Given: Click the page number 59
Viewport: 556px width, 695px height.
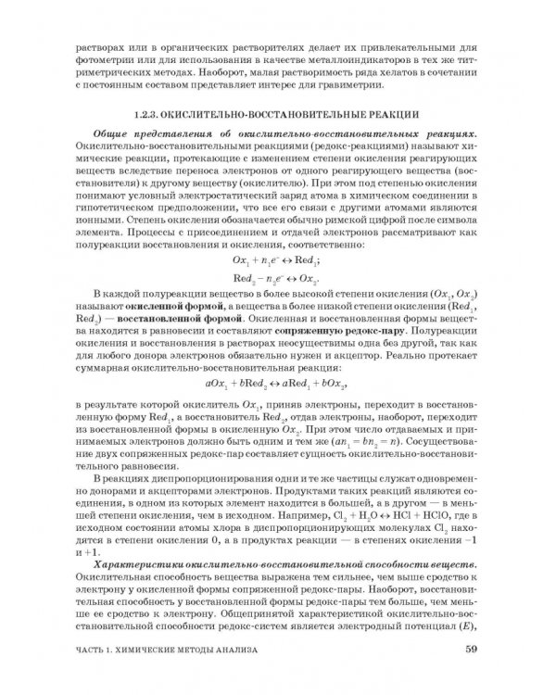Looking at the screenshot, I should pyautogui.click(x=472, y=649).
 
